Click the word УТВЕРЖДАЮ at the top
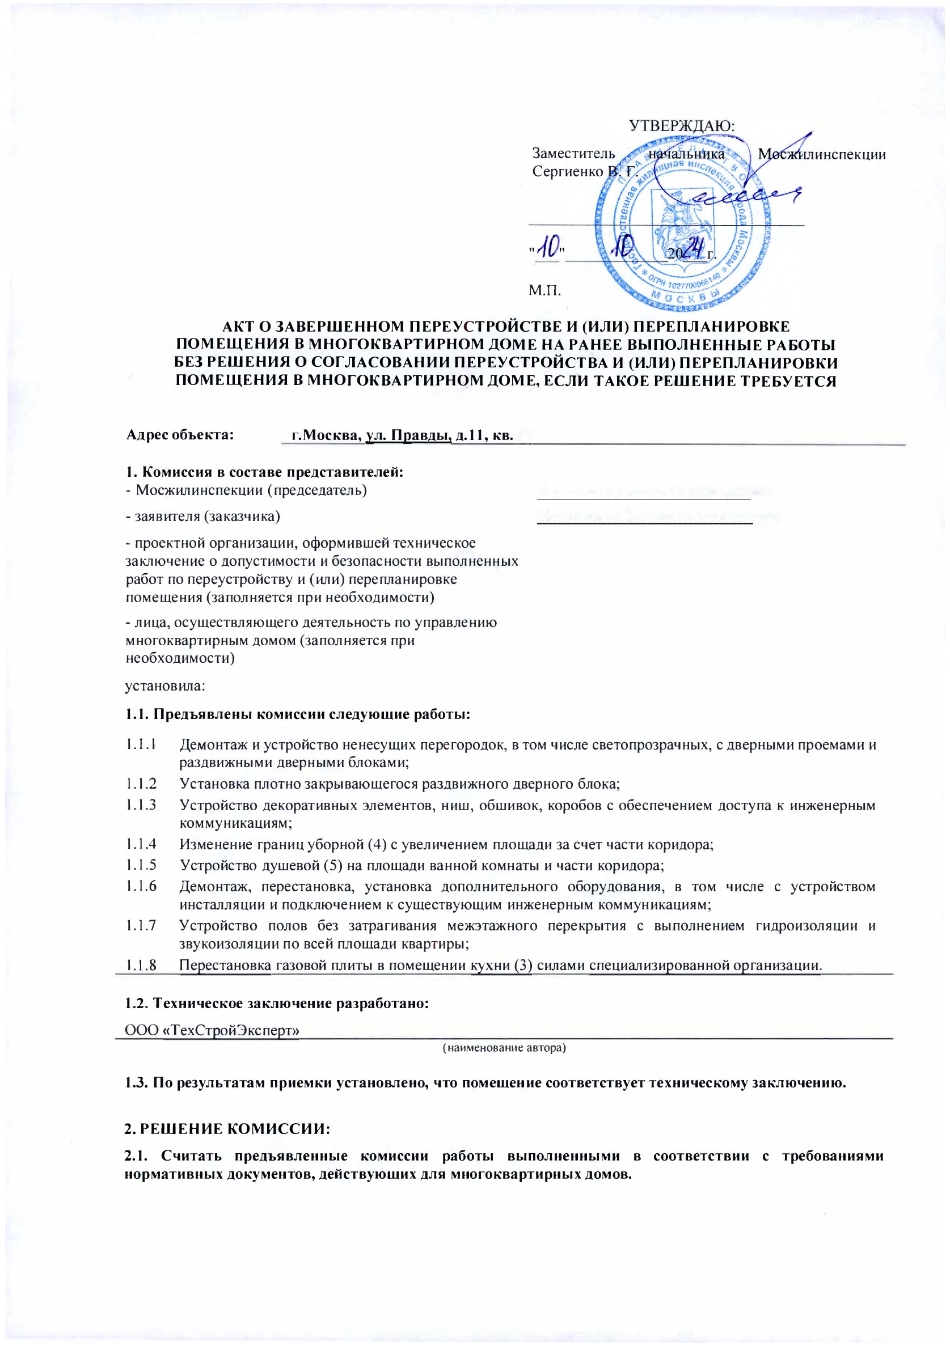(681, 126)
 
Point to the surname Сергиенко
(568, 172)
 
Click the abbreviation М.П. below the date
(545, 290)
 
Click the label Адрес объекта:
(180, 435)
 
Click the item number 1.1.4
(141, 844)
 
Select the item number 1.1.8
(141, 965)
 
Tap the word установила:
(165, 685)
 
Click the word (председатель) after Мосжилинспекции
(317, 490)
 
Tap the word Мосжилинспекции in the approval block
(821, 155)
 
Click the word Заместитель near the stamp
(573, 154)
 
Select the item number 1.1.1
(141, 744)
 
